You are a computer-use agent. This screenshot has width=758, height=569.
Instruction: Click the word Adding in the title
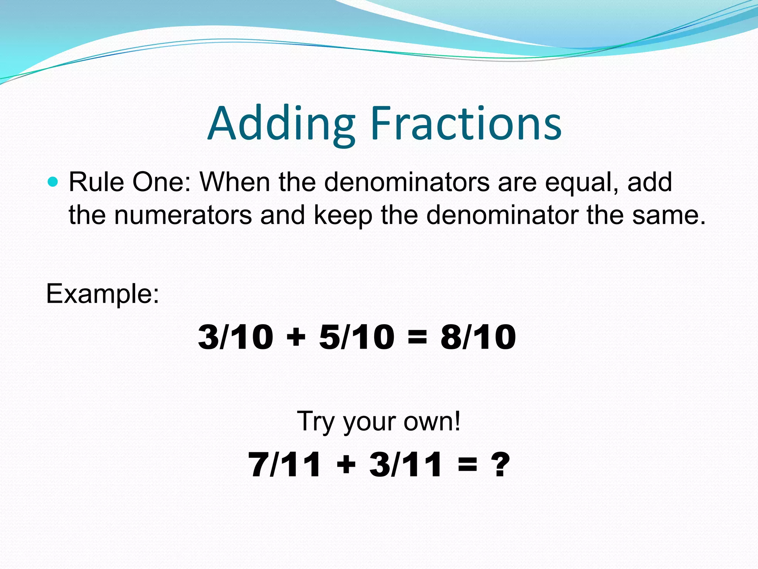281,124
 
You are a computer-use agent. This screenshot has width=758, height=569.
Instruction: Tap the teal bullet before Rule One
53,182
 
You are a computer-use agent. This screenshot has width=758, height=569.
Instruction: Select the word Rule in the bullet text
96,182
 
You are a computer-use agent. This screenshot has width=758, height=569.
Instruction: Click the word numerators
183,215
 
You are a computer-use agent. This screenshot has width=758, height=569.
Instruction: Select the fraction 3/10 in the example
235,337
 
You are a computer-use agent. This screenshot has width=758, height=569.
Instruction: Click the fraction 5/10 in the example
356,337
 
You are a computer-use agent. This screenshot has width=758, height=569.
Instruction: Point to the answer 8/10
478,337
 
